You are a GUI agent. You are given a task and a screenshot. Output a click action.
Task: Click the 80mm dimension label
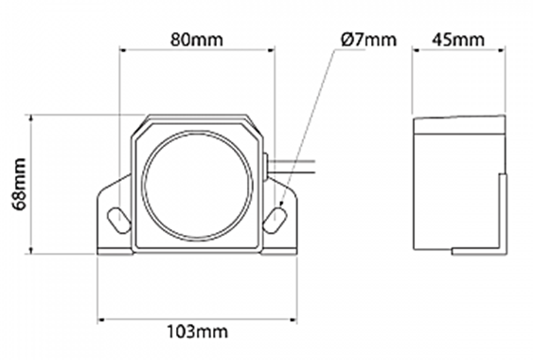click(197, 40)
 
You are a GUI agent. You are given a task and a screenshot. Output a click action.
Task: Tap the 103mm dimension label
click(197, 331)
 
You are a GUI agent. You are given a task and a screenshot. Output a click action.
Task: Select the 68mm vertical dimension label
click(19, 184)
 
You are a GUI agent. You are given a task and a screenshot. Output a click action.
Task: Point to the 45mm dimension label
click(458, 40)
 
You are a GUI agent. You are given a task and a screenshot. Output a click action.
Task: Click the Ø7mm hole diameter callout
click(368, 40)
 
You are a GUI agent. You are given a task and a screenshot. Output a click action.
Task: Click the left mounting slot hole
click(119, 220)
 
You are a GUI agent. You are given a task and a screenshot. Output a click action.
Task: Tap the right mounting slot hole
click(275, 220)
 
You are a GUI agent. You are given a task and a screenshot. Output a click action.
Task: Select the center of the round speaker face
click(197, 186)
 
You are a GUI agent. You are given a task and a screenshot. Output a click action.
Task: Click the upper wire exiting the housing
click(292, 161)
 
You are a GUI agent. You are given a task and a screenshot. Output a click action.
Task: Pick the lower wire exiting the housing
click(292, 172)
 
